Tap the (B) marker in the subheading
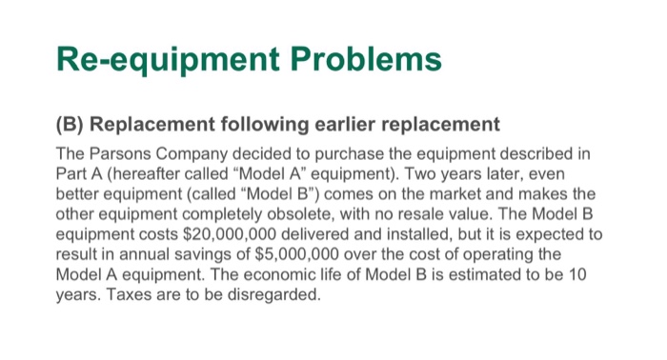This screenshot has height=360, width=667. (71, 125)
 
